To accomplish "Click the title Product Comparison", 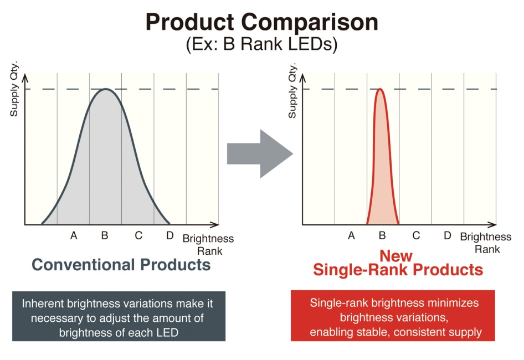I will pos(261,22).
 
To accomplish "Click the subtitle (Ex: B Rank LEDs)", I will pos(261,44).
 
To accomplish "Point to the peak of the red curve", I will pos(380,89).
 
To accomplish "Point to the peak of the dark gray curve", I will pos(105,89).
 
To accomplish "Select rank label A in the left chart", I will pos(74,236).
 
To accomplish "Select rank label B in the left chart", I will pos(105,236).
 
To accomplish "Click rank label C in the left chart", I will pos(138,236).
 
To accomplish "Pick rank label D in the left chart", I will pos(170,236).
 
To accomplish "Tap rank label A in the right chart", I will pos(351,236).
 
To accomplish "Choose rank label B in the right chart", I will pos(382,236).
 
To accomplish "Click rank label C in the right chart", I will pos(416,236).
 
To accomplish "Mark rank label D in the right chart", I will pos(448,236).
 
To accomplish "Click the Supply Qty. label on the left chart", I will pos(14,92).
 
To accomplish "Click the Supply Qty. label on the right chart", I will pos(292,92).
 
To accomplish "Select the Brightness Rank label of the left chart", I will pos(208,244).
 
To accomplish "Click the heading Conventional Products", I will pos(121,265).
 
